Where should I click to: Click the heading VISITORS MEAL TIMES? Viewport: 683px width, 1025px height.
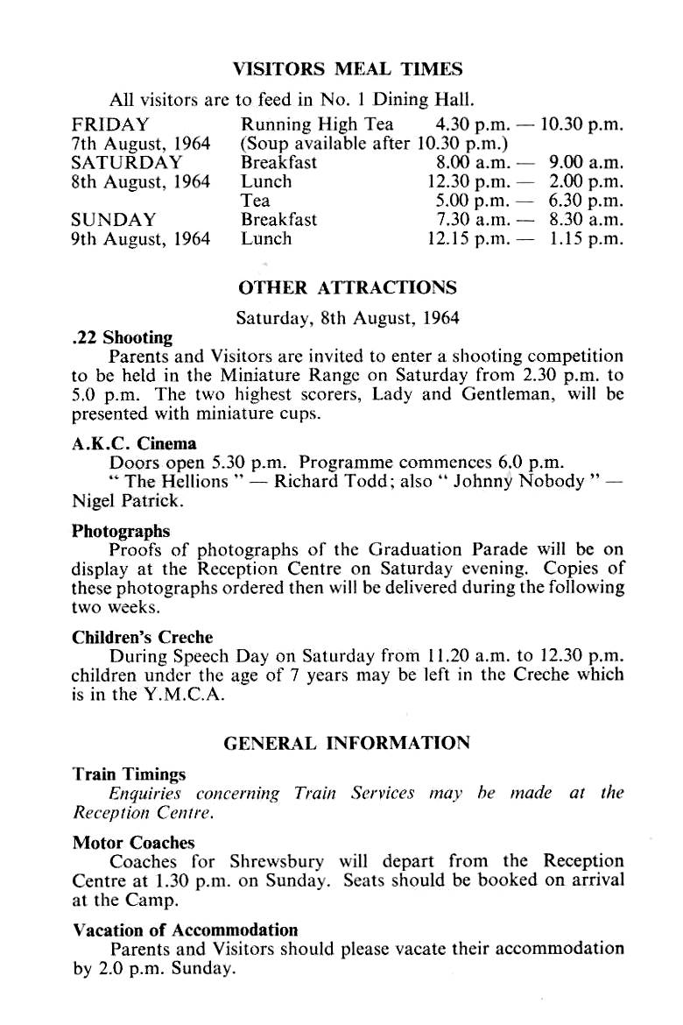point(348,67)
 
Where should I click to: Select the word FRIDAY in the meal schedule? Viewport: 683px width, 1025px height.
point(110,124)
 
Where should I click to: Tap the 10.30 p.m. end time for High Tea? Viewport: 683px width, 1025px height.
point(582,124)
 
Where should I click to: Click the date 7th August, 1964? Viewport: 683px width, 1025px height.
point(140,143)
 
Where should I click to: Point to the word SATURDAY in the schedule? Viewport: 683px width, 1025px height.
point(127,163)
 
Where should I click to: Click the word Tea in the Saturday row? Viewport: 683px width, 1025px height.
point(255,201)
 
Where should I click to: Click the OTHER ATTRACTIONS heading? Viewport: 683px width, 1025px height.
point(348,287)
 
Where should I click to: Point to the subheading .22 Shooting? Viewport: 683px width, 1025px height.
point(122,337)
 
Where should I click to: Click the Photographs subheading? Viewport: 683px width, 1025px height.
point(121,531)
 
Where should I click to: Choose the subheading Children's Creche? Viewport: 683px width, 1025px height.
point(142,637)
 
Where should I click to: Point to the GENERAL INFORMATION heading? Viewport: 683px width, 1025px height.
point(348,743)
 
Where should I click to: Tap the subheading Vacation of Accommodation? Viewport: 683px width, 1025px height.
point(185,930)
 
